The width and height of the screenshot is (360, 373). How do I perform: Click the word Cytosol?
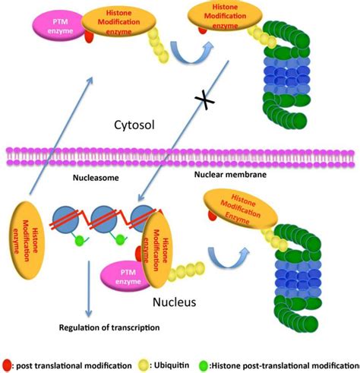[134, 125]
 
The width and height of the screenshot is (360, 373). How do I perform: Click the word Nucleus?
[175, 302]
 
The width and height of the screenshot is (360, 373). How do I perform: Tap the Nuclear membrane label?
[230, 175]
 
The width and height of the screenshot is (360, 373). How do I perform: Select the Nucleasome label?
[96, 178]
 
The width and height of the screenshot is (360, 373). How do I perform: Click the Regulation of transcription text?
[109, 327]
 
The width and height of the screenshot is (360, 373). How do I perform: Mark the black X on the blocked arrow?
[206, 102]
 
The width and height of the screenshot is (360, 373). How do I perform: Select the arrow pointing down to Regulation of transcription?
[88, 289]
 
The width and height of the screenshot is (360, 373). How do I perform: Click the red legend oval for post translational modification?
[8, 365]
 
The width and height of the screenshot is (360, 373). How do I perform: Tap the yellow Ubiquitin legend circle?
[144, 365]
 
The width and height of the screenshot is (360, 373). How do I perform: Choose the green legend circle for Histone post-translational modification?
[204, 366]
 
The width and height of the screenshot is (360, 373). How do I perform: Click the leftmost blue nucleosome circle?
[65, 220]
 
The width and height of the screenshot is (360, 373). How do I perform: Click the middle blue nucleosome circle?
[104, 220]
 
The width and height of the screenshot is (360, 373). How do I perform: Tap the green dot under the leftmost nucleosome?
[80, 240]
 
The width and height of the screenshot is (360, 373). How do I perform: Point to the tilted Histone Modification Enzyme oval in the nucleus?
[241, 210]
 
